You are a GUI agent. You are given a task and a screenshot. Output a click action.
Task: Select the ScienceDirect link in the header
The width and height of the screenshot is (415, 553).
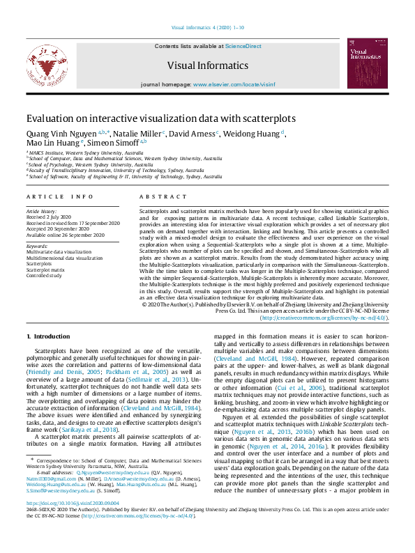tap(243, 46)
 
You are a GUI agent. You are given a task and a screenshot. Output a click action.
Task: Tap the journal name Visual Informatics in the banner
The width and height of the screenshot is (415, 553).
tap(207, 66)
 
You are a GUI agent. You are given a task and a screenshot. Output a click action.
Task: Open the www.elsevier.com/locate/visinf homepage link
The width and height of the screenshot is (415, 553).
tap(233, 84)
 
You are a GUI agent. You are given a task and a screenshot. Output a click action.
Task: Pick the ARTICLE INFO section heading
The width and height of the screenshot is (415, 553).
tap(59, 197)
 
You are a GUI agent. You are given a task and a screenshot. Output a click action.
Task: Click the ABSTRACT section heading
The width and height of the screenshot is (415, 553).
tap(158, 197)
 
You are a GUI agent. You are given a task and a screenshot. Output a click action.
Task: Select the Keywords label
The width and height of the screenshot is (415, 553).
tap(37, 246)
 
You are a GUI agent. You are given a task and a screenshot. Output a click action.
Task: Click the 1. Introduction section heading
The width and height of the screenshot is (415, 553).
tap(47, 336)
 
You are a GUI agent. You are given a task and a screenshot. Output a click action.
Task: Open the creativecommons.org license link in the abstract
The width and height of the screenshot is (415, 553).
tap(324, 318)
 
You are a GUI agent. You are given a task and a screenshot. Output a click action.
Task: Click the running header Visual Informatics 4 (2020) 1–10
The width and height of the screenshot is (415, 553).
tap(207, 28)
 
